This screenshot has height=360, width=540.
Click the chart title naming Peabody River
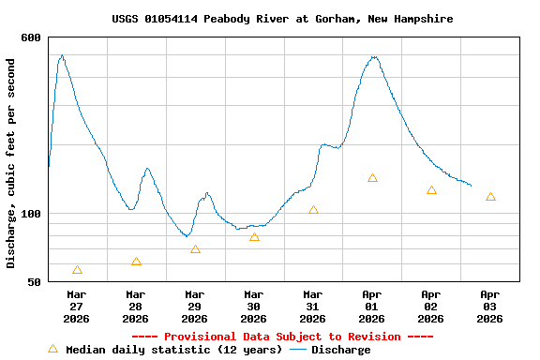click(x=282, y=19)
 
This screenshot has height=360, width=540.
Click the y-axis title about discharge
click(x=11, y=163)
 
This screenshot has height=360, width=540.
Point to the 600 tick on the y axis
click(x=31, y=37)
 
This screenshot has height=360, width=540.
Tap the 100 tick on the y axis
click(x=31, y=214)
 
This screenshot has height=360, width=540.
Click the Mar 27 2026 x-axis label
click(x=77, y=306)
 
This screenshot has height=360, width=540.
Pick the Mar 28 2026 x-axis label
click(x=136, y=306)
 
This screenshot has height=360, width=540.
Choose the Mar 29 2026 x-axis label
click(x=195, y=306)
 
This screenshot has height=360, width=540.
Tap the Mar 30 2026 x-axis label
click(x=254, y=306)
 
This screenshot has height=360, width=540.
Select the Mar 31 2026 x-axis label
click(x=313, y=306)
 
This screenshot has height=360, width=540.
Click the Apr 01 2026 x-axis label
click(x=372, y=306)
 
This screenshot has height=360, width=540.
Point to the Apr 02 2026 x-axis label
click(x=431, y=306)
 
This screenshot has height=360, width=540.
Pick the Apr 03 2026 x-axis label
click(x=490, y=306)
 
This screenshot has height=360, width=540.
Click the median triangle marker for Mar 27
click(x=77, y=270)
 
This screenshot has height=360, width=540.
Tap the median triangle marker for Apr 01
click(x=372, y=178)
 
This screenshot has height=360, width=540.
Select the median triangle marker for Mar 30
click(x=254, y=237)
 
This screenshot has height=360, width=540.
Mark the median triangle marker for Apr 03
click(x=490, y=197)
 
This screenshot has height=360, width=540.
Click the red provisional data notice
click(x=282, y=337)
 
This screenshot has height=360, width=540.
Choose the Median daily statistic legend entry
click(x=165, y=350)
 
